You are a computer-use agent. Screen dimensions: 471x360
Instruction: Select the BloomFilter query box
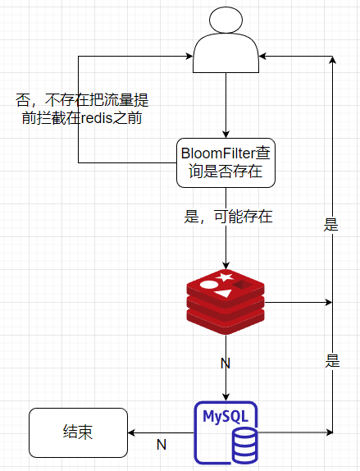pyautogui.click(x=226, y=162)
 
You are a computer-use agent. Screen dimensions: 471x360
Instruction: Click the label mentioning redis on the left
pyautogui.click(x=82, y=109)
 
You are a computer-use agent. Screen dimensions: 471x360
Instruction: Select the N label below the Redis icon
pyautogui.click(x=226, y=362)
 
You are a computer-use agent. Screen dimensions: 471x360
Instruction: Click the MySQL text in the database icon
pyautogui.click(x=226, y=416)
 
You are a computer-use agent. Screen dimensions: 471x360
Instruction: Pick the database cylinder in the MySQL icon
pyautogui.click(x=244, y=447)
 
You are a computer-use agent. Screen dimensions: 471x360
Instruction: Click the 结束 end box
pyautogui.click(x=78, y=432)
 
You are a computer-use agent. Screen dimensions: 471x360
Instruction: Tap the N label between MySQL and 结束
pyautogui.click(x=162, y=445)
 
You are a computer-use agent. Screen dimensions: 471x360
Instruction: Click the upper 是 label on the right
pyautogui.click(x=331, y=225)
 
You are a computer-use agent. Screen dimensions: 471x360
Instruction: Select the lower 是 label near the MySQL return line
pyautogui.click(x=331, y=361)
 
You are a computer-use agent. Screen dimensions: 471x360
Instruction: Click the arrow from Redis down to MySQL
pyautogui.click(x=226, y=377)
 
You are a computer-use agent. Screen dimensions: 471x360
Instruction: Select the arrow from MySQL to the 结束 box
pyautogui.click(x=160, y=432)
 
